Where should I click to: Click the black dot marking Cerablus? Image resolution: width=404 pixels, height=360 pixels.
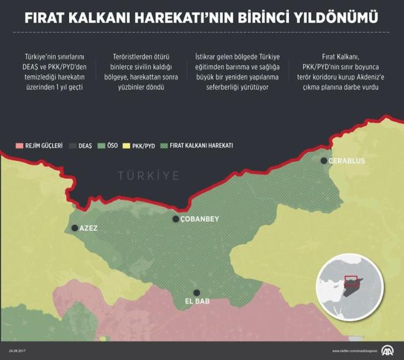[324, 161]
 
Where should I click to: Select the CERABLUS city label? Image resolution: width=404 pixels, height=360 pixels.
[348, 161]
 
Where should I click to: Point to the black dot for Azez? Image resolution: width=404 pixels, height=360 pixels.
[75, 228]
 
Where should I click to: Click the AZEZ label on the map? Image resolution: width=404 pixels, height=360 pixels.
[89, 228]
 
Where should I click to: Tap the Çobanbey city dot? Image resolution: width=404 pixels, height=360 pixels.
[176, 219]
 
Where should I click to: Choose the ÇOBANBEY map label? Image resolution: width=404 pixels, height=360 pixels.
[200, 219]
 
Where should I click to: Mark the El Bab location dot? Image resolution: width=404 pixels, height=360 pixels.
[196, 293]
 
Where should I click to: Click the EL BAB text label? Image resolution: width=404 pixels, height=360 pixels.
[197, 302]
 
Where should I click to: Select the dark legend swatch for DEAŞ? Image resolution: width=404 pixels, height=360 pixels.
[72, 146]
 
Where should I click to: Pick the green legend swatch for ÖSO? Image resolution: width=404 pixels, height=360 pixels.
[100, 146]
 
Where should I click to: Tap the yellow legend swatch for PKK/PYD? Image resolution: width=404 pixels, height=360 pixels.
[128, 146]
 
